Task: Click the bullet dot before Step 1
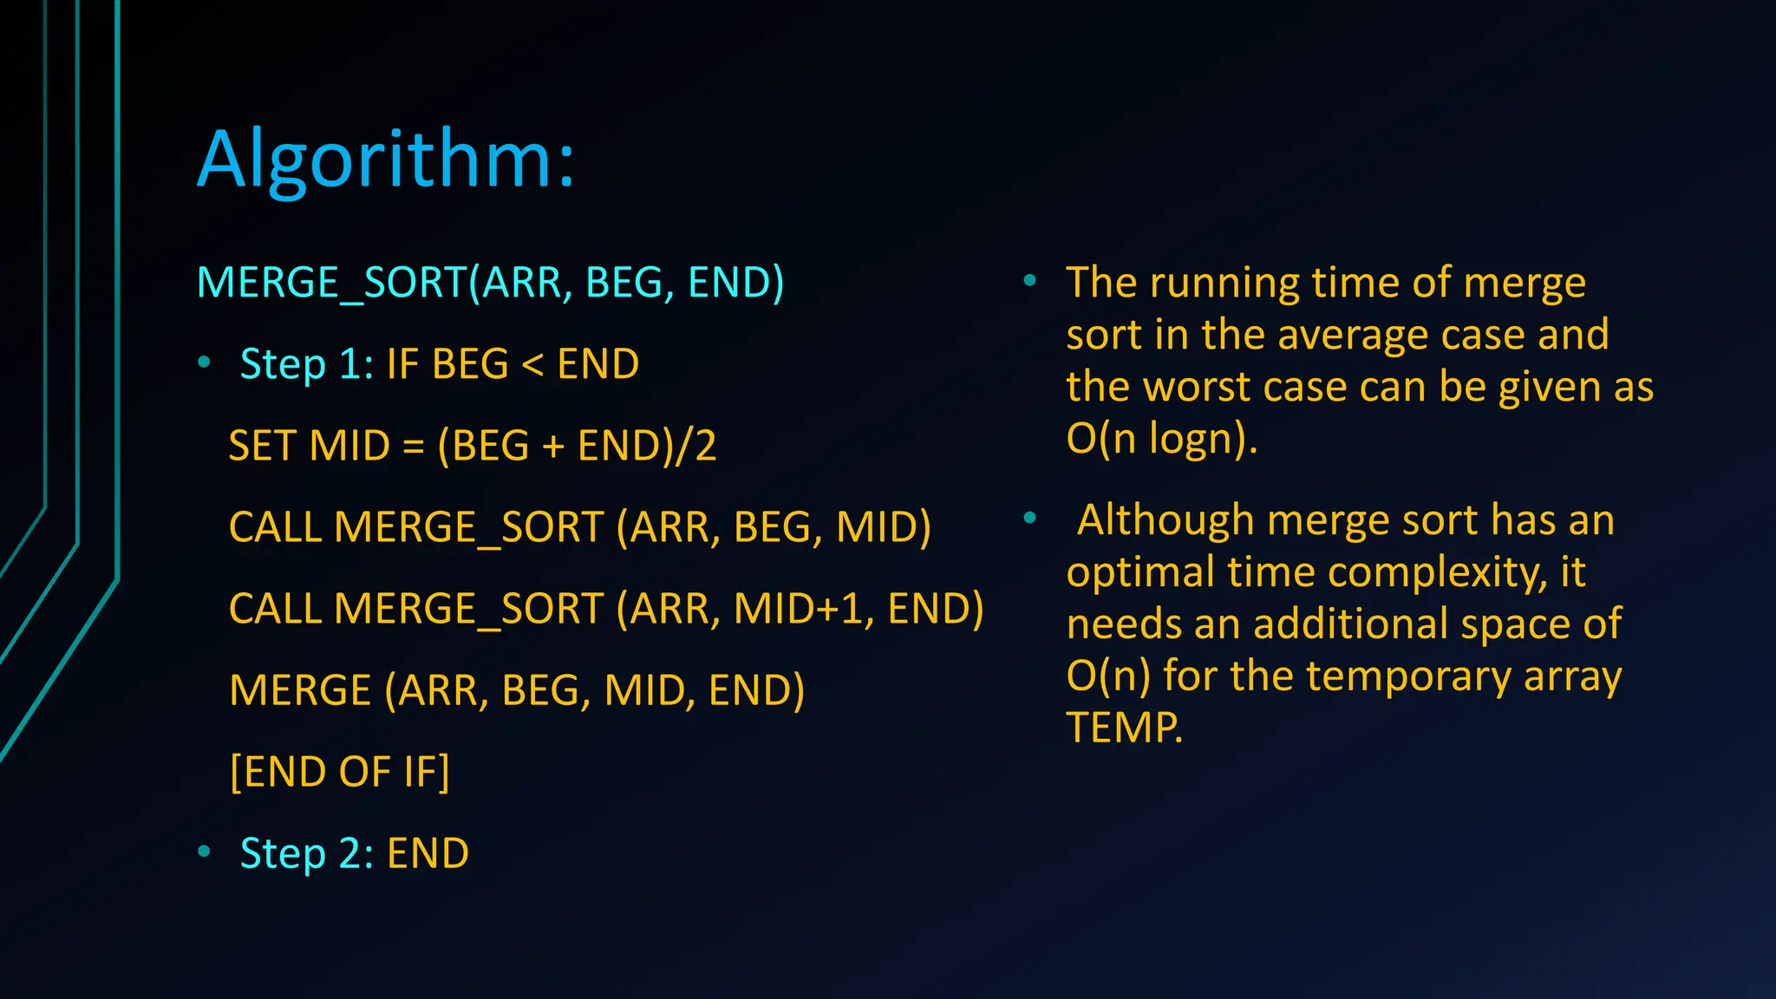tap(204, 363)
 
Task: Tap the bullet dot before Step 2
tap(204, 852)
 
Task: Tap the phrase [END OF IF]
tap(339, 771)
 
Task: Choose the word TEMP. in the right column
tap(1124, 728)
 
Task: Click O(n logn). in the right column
tap(1161, 439)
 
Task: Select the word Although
tap(1165, 520)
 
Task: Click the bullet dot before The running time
tap(1029, 280)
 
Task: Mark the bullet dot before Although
tap(1029, 519)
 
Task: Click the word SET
tap(262, 446)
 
